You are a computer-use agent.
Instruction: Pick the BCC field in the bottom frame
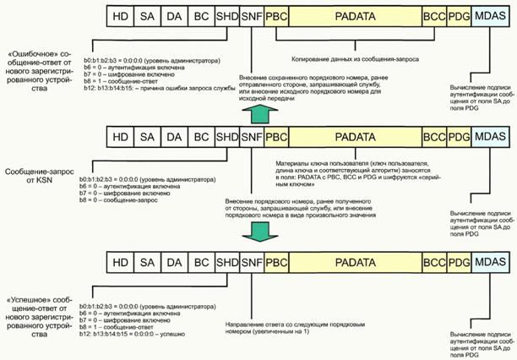click(434, 261)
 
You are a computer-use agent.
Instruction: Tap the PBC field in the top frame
click(275, 15)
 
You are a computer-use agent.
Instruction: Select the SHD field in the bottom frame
click(226, 261)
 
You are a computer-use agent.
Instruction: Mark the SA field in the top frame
click(147, 15)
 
